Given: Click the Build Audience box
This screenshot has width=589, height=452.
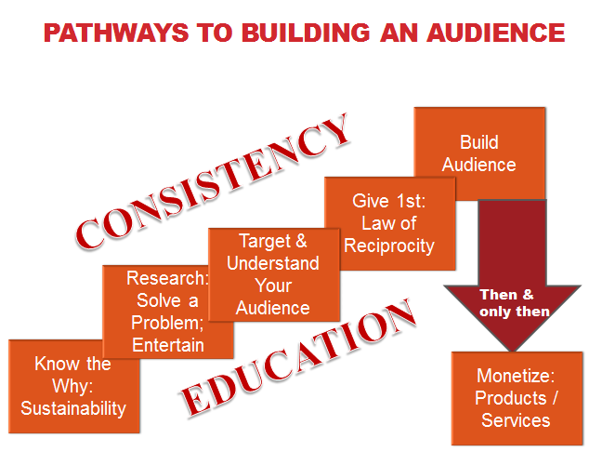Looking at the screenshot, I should pos(479,153).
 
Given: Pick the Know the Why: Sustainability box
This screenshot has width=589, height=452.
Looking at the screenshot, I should pos(72,386).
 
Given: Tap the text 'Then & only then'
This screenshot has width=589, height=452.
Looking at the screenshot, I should pos(514,303).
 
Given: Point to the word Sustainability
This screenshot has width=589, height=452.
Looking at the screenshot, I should pos(72,407).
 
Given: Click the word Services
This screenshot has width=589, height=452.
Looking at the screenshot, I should pos(516,419).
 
